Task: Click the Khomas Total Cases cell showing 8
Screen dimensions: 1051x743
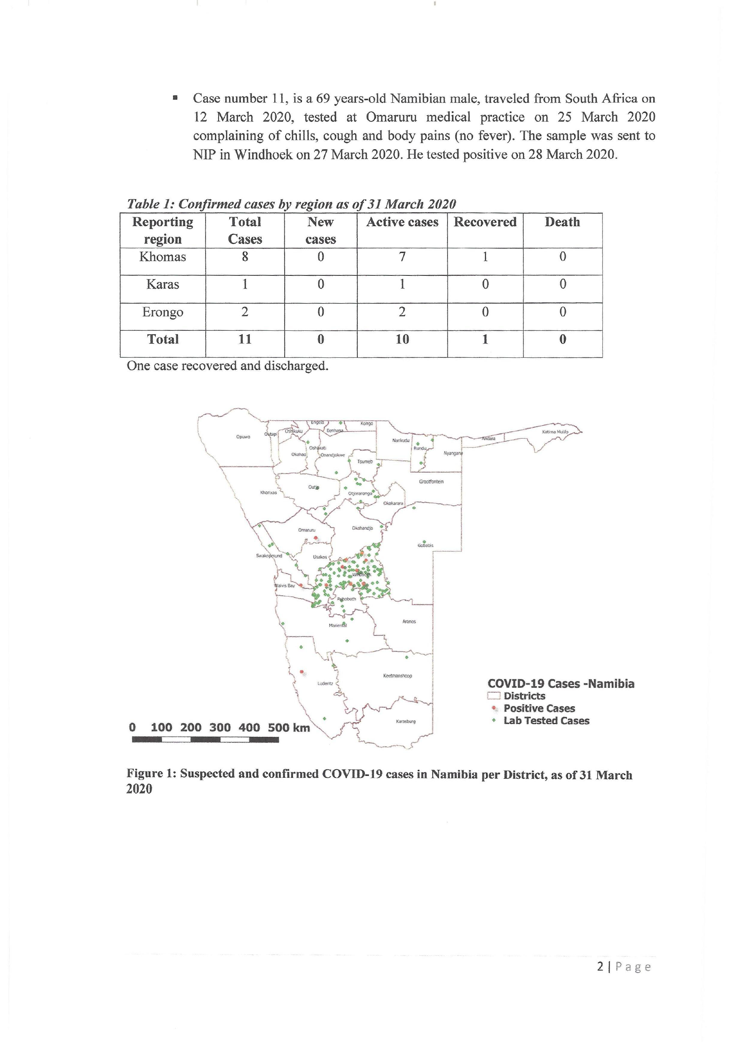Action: (x=245, y=257)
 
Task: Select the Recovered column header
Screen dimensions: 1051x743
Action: (x=485, y=222)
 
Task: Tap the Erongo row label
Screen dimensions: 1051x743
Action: (x=162, y=312)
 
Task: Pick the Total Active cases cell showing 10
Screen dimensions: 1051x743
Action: (x=402, y=339)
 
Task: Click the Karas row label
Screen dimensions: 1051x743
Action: (x=162, y=284)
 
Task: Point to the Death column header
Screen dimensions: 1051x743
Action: (x=562, y=222)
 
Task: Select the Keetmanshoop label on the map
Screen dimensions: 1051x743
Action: (x=397, y=676)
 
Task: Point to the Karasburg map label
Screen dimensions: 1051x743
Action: (x=405, y=721)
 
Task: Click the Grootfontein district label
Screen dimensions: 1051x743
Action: (x=431, y=481)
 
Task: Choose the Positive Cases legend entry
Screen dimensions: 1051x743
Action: (x=538, y=708)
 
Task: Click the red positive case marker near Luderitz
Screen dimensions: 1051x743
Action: (x=302, y=672)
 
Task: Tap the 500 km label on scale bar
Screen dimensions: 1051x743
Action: (x=288, y=727)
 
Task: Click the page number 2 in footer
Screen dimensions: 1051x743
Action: (x=600, y=966)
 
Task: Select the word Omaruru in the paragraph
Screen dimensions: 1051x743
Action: (x=391, y=117)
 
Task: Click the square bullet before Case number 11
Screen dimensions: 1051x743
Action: (x=175, y=98)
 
